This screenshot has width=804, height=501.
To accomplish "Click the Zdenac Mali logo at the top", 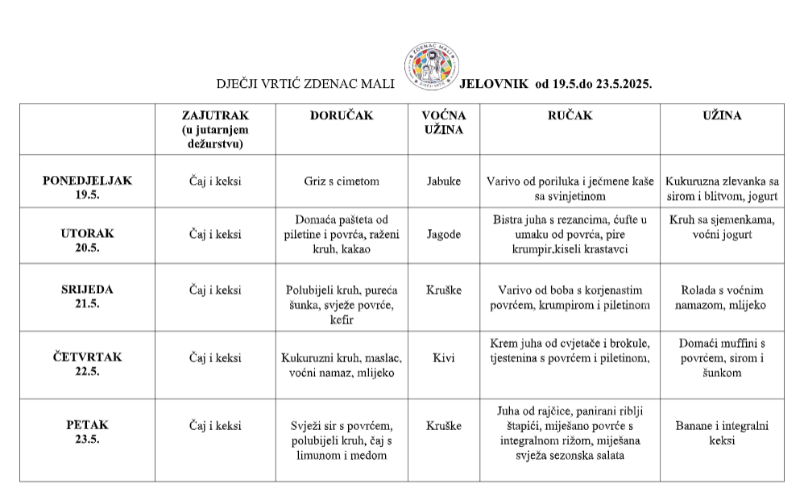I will (429, 66).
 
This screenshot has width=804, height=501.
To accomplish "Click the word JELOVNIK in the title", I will (493, 83).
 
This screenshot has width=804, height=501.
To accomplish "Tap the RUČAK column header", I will (570, 115).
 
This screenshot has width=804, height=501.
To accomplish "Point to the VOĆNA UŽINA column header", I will (444, 123).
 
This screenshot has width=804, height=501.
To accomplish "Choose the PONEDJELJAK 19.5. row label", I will (87, 187).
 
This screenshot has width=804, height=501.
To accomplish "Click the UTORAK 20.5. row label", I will (87, 240).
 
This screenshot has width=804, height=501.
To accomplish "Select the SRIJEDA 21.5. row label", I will (87, 296).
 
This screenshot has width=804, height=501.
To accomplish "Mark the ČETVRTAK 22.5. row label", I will (87, 364).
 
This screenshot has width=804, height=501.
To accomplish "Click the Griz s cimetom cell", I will (342, 182).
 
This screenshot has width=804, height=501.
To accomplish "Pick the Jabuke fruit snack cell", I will (444, 182).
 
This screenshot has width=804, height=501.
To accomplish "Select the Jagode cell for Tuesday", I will (444, 234).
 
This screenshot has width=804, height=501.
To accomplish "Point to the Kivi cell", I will (444, 357).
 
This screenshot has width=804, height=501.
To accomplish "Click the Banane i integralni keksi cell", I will (722, 432).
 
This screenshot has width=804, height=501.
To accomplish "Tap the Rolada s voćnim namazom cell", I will (722, 298).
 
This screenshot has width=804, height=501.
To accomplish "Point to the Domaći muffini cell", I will (722, 357).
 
